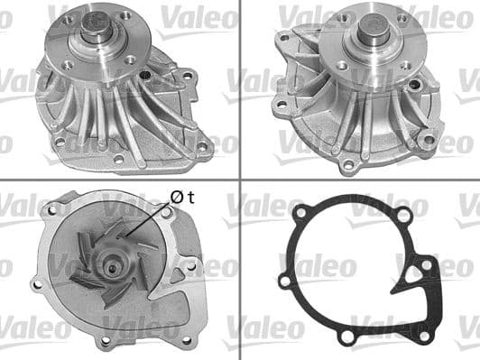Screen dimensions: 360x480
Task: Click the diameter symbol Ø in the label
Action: pos(177,197)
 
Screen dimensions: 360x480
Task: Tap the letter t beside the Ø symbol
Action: pos(191,197)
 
